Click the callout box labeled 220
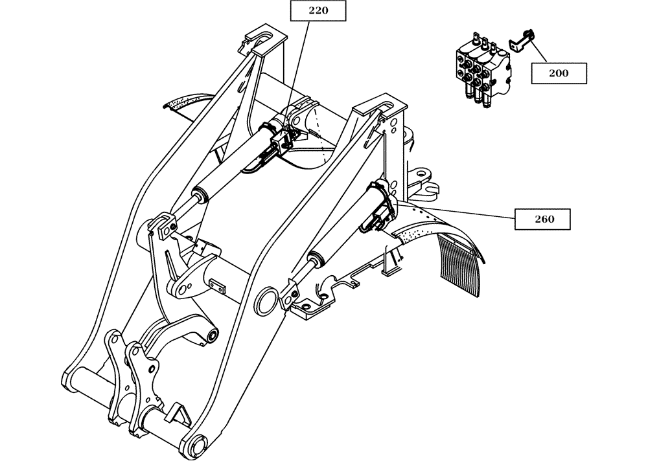tap(318, 10)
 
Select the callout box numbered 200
tap(558, 73)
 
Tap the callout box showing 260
tap(544, 219)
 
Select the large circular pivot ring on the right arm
tap(265, 298)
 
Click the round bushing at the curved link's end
tap(211, 335)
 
